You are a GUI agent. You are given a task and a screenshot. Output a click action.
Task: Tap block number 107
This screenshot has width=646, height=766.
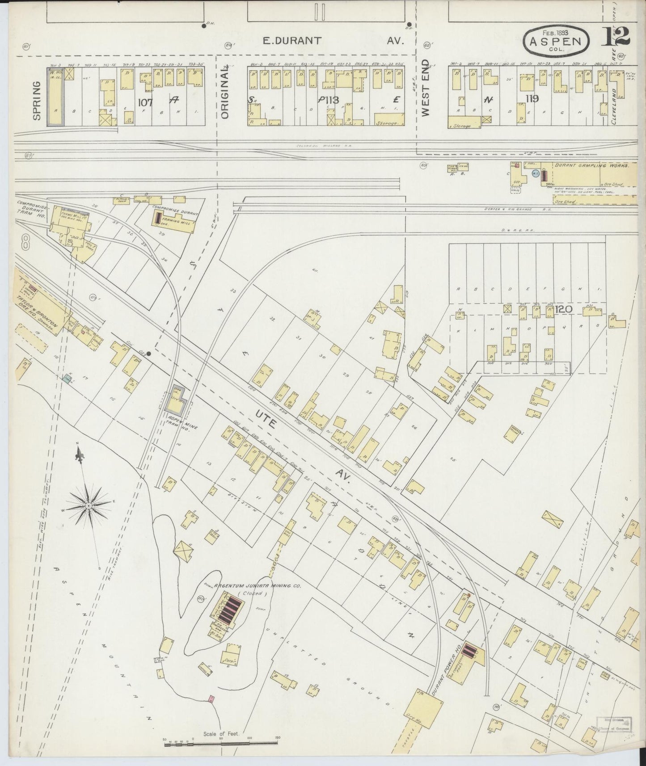(145, 102)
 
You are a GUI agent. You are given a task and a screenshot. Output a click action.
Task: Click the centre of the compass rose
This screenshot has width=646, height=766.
(88, 505)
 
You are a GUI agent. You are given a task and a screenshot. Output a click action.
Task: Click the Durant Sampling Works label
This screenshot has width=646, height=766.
(591, 165)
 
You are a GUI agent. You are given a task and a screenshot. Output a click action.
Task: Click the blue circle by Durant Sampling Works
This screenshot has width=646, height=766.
(535, 173)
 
